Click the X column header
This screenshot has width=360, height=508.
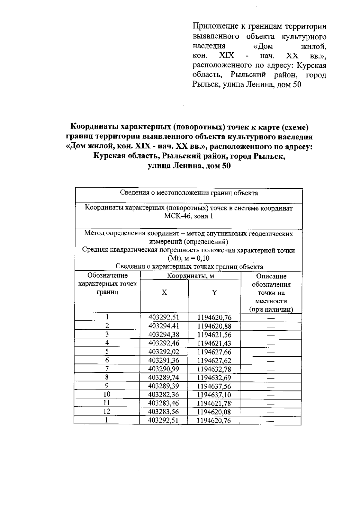[164, 293]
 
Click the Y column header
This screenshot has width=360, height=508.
[214, 293]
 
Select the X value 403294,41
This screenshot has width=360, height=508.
[164, 326]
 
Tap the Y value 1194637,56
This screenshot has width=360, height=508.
[214, 386]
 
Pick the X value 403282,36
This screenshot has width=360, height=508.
[164, 394]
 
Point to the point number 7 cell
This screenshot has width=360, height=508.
[107, 369]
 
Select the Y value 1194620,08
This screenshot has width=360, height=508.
[214, 412]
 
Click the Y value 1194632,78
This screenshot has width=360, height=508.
[214, 369]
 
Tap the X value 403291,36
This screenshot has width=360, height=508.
[164, 360]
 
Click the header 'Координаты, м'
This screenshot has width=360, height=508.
[190, 276]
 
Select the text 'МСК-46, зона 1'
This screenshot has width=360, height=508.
[189, 216]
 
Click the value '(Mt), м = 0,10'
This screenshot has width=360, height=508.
[189, 258]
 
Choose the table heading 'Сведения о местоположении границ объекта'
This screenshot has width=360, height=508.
[189, 193]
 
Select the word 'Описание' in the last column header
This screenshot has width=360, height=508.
[271, 276]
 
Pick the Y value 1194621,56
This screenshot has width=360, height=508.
[214, 334]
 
